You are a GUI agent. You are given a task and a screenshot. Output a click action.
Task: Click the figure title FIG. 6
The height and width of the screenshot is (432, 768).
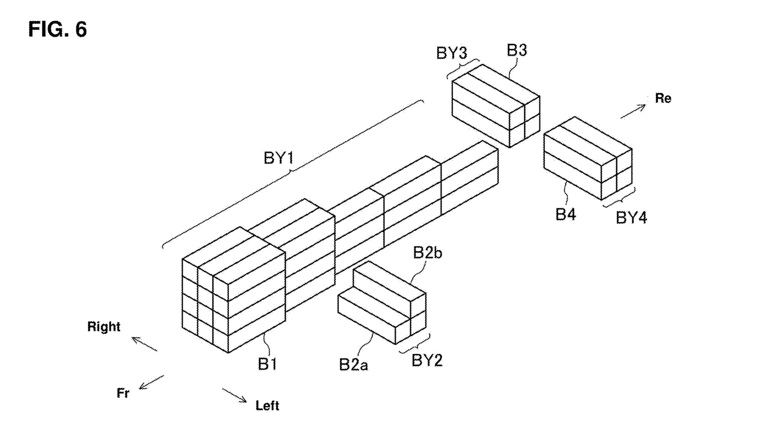57,29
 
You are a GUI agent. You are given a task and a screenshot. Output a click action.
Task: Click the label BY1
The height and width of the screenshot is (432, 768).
278,158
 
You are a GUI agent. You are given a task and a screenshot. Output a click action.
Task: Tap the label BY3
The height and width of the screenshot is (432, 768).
451,53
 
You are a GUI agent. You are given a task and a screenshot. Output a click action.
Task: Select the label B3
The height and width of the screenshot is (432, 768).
517,50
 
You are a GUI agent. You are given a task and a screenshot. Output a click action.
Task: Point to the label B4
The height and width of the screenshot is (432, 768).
565,214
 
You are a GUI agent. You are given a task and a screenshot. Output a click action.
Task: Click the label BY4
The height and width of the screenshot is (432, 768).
631,217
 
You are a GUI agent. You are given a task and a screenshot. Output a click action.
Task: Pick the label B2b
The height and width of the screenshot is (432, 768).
427,253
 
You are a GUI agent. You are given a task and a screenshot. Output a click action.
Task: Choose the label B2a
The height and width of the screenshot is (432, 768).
353,364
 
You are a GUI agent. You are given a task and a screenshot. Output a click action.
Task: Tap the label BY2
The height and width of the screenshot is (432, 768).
427,360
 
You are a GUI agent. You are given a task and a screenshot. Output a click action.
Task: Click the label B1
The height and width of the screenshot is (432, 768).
267,364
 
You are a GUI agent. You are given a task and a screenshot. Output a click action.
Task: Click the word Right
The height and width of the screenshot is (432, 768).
104,327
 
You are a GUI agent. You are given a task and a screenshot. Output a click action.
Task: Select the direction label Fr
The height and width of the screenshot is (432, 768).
123,393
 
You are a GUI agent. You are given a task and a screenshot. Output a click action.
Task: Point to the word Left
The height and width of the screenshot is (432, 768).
267,405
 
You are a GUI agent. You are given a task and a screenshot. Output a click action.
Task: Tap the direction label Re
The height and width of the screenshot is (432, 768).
663,98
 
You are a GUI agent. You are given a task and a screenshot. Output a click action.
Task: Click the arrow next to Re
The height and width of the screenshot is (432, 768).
633,111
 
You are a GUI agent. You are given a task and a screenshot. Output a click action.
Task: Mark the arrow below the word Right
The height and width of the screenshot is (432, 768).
144,344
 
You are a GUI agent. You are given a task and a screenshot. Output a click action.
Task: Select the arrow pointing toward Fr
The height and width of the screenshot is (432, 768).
151,382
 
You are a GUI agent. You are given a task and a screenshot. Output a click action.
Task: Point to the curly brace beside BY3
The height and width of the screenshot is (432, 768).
463,68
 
